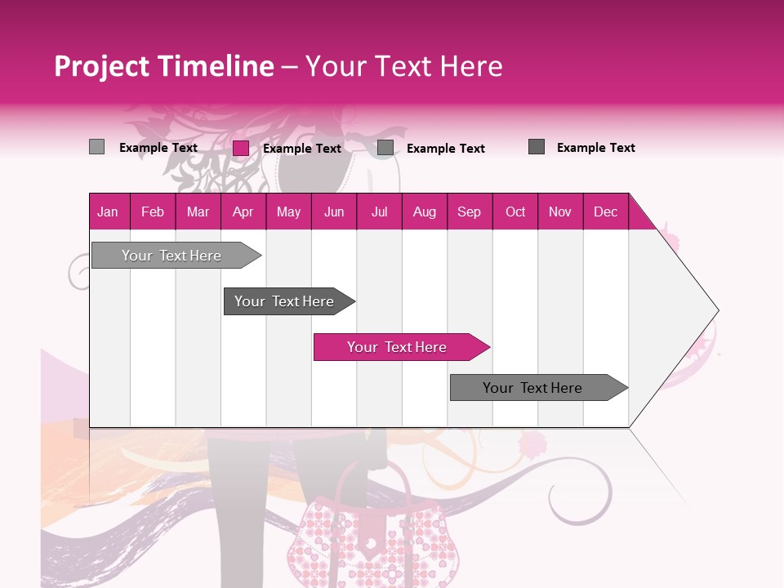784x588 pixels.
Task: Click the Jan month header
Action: tap(108, 212)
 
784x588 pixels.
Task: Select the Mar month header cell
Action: tap(198, 212)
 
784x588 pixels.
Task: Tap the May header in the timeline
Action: tap(288, 212)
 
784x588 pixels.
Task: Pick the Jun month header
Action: tap(334, 212)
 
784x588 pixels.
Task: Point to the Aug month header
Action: tap(424, 212)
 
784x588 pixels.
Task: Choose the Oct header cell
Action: tap(515, 212)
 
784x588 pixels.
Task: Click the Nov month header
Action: tap(560, 212)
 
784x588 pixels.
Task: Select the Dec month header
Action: tap(605, 212)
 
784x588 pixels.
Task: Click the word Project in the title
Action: tap(101, 66)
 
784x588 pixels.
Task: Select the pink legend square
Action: tap(241, 148)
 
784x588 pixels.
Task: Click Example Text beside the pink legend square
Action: tap(301, 149)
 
